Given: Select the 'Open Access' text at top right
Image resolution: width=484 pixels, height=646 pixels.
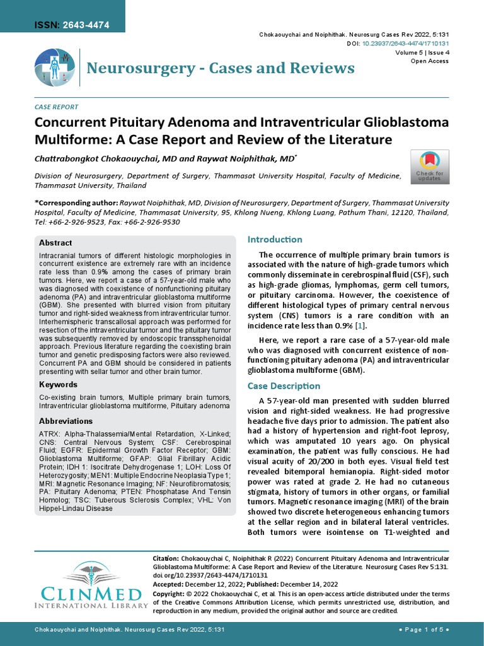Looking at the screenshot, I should (x=430, y=61).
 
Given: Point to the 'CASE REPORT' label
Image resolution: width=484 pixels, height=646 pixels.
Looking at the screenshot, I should (x=56, y=107).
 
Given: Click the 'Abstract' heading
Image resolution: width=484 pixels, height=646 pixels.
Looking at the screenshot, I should (x=55, y=243).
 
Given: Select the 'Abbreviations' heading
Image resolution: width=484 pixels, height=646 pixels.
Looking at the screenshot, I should (x=66, y=421).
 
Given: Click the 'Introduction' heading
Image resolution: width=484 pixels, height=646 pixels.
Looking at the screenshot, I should (x=275, y=240).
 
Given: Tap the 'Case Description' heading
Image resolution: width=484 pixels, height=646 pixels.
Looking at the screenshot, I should (x=284, y=385).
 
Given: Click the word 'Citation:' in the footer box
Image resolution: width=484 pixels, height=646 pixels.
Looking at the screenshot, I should (x=167, y=559).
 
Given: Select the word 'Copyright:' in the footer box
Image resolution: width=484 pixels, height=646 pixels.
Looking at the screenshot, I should (x=171, y=594).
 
